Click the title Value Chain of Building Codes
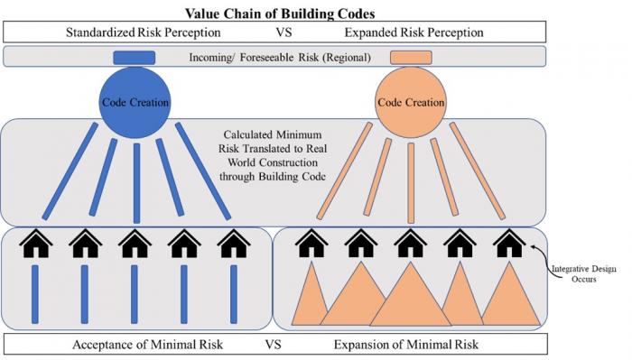tap(280, 14)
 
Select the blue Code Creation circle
tap(135, 102)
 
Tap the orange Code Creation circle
tap(411, 102)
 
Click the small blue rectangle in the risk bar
tap(135, 58)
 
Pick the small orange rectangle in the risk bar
tap(411, 58)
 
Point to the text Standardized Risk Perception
tap(143, 32)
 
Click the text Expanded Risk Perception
tap(414, 32)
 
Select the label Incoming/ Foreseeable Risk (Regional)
tap(280, 57)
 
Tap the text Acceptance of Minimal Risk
tap(147, 345)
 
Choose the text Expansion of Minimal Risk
tap(406, 345)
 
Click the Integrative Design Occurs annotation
tap(583, 273)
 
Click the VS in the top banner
tap(283, 32)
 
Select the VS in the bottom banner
tap(273, 345)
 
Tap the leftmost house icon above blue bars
tap(36, 244)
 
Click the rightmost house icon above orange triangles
tap(509, 244)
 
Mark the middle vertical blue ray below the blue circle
tap(136, 183)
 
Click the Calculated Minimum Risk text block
tap(273, 155)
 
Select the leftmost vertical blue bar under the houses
tap(35, 294)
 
